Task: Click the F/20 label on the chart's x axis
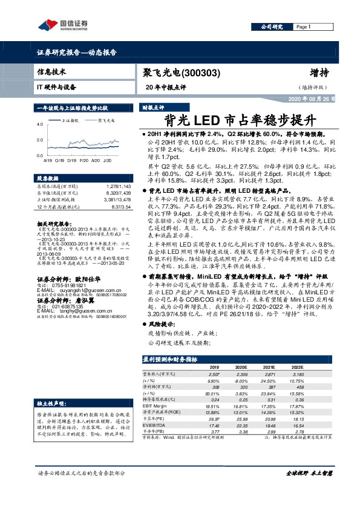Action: pyautogui.click(x=85, y=161)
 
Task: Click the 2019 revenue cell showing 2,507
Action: pyautogui.click(x=214, y=375)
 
